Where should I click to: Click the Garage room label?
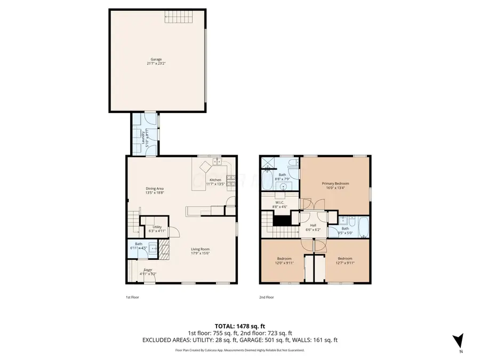[x=156, y=59]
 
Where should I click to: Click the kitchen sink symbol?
[x=217, y=162]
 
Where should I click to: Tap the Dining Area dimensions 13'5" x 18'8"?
[x=155, y=193]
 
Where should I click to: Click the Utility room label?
[x=157, y=227]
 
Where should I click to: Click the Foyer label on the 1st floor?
[x=148, y=270]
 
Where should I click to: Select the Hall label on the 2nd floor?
[x=313, y=225]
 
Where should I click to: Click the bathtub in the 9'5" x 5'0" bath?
[x=363, y=227]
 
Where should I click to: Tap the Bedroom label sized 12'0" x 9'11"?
[x=284, y=258]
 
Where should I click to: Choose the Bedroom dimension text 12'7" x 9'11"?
[x=345, y=262]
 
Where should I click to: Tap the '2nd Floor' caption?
[x=267, y=297]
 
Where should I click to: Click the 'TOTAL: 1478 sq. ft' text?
[x=239, y=325]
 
